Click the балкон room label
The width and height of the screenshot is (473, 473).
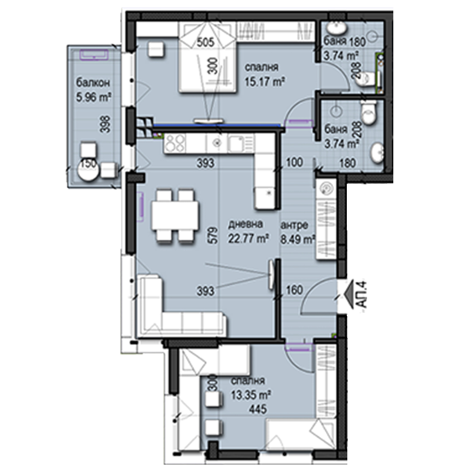(92, 83)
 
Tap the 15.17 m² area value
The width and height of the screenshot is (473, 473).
(265, 81)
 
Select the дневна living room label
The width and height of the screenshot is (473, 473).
(246, 224)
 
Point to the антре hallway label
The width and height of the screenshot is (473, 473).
(294, 225)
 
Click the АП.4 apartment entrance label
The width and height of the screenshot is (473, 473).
(363, 294)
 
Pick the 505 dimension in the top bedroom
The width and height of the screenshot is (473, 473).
(205, 42)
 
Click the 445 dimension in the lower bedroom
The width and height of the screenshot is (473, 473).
(258, 409)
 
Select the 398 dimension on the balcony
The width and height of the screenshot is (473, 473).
(106, 124)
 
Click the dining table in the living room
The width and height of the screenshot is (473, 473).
(175, 215)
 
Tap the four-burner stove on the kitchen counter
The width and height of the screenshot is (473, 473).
(175, 143)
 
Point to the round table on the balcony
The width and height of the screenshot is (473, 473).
(88, 170)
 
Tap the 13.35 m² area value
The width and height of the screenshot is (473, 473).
(251, 395)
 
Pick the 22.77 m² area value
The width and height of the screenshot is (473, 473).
(248, 239)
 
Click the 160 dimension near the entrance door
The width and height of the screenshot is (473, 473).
(294, 290)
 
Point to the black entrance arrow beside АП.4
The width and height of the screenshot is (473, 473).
(349, 294)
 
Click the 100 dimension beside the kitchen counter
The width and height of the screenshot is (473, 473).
(294, 162)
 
